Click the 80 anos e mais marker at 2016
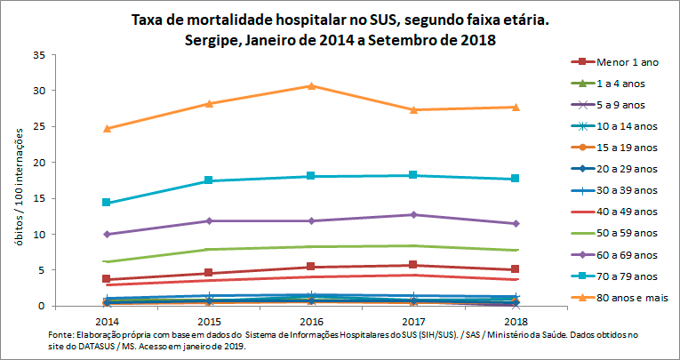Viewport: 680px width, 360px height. coord(311,85)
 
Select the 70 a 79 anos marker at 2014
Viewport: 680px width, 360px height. coord(107,203)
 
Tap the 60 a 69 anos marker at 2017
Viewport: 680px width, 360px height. coord(413,215)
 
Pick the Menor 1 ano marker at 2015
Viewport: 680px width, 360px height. coord(209,273)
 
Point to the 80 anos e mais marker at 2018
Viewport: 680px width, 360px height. coord(516,107)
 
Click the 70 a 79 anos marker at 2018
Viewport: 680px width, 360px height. coord(516,179)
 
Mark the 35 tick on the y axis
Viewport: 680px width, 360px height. coord(38,55)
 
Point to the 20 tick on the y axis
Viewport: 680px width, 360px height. coord(38,163)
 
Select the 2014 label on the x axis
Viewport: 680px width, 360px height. coord(107,319)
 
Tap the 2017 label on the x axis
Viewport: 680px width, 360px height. coord(413,319)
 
